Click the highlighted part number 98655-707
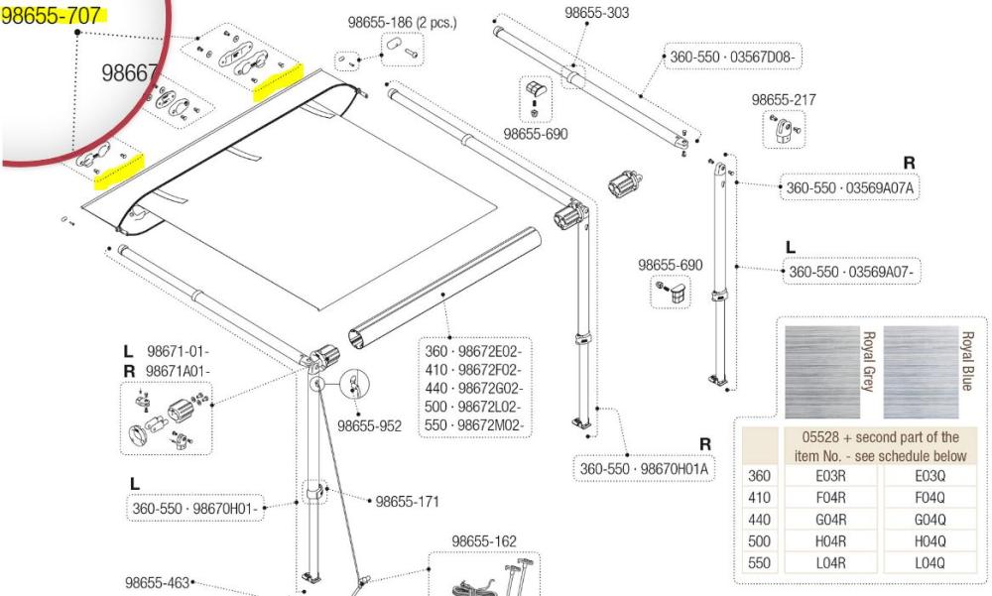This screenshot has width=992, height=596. coord(52,15)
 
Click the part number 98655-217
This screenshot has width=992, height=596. coord(784,99)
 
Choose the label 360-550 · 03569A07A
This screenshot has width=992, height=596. coord(850,188)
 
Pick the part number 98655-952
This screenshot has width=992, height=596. coord(369,426)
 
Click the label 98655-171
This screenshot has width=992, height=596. coord(409,501)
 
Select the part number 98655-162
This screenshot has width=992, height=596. coord(484,540)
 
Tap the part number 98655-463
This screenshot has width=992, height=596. coord(157,583)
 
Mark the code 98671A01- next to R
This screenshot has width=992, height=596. coord(178,368)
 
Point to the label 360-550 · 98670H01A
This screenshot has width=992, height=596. coord(647,468)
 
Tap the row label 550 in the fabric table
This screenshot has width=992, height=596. coord(758,562)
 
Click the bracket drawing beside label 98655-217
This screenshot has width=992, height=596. coord(783,126)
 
